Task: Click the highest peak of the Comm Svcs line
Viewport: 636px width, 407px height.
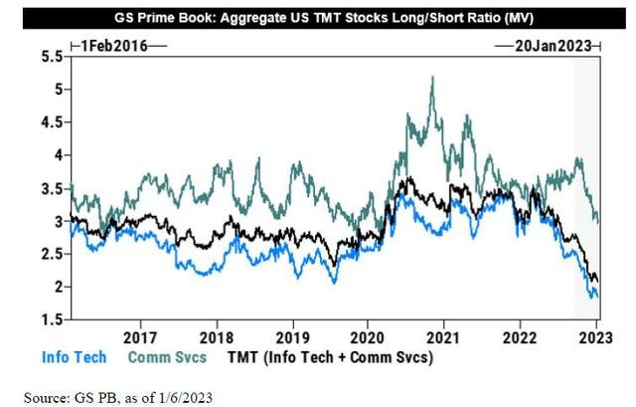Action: coord(432,78)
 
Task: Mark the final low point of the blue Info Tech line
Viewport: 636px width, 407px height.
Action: coord(594,297)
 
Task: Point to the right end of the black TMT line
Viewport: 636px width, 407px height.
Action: coord(596,281)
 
